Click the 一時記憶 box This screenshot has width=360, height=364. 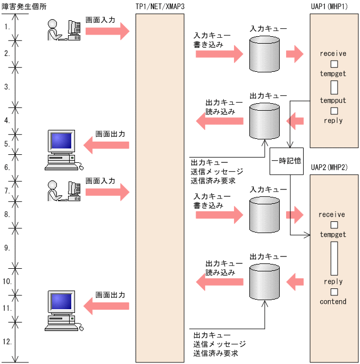287,161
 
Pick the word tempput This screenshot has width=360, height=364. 333,101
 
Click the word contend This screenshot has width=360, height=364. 333,302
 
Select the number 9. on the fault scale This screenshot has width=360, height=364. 7,247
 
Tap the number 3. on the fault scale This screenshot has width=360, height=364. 7,86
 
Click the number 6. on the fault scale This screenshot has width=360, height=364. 7,167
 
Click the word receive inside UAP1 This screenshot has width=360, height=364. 333,54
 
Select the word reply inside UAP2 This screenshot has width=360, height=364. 333,282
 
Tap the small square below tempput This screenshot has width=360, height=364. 334,111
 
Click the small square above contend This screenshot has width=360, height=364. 334,292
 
